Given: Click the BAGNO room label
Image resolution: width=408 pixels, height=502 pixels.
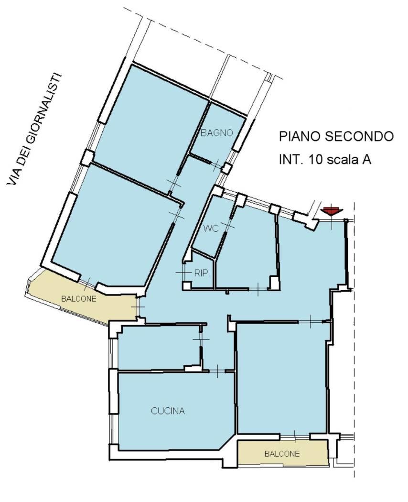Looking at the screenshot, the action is (x=216, y=132).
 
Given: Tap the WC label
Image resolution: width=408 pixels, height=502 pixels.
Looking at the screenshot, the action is (x=211, y=228).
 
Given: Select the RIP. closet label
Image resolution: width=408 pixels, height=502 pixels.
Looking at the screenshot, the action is (x=202, y=273).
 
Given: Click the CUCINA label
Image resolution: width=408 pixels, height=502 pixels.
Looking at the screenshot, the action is (x=168, y=411).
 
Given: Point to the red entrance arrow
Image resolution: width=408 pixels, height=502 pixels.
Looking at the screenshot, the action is (x=332, y=211).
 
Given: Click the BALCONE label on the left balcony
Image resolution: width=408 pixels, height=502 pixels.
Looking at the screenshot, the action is (x=79, y=298).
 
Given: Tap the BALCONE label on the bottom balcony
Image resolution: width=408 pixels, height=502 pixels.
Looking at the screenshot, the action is (x=282, y=454).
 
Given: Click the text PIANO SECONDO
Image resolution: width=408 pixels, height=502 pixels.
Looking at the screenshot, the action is (x=336, y=136).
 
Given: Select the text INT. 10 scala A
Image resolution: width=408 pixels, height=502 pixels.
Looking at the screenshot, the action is (x=325, y=159).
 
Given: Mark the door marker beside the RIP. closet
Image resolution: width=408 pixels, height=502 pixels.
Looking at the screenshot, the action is (x=183, y=273).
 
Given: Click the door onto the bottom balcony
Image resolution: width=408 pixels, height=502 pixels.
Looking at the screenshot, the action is (x=295, y=436).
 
